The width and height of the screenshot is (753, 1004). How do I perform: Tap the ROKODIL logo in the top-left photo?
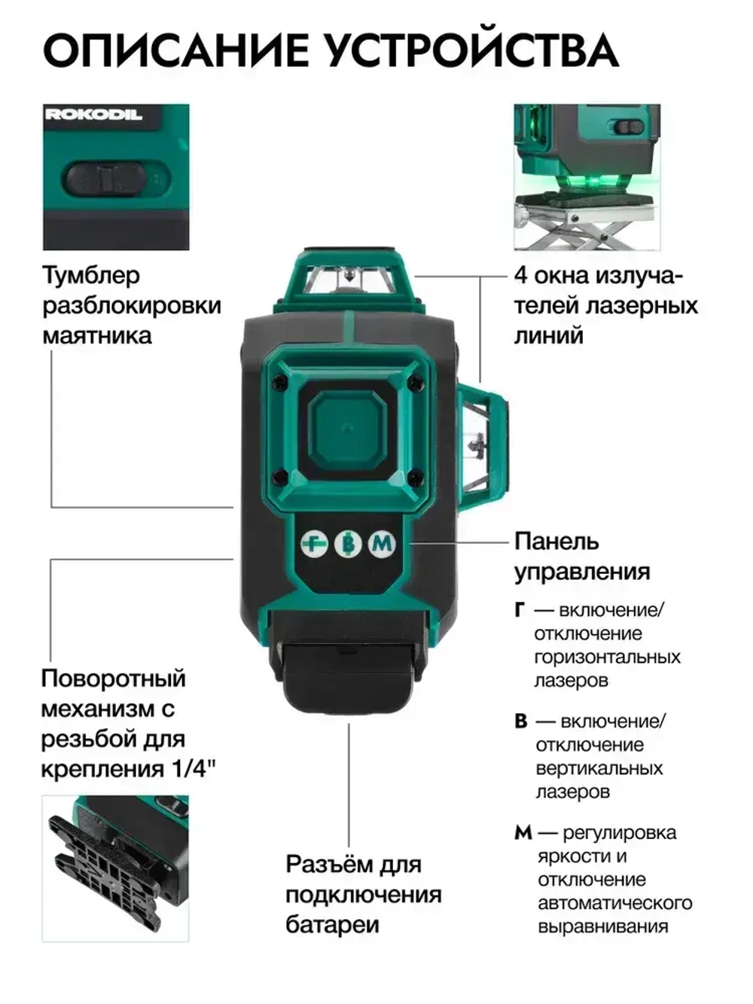93,114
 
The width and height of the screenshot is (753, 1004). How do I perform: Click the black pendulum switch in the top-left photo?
105,179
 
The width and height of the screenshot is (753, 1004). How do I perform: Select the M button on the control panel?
382,543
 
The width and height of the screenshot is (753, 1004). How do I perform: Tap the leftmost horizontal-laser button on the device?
315,543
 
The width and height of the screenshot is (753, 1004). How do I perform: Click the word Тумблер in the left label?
91,276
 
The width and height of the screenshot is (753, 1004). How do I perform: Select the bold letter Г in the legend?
520,610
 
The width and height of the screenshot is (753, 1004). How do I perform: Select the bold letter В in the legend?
521,722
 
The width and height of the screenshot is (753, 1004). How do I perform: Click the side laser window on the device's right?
479,441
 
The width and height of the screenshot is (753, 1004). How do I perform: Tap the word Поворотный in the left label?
113,679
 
